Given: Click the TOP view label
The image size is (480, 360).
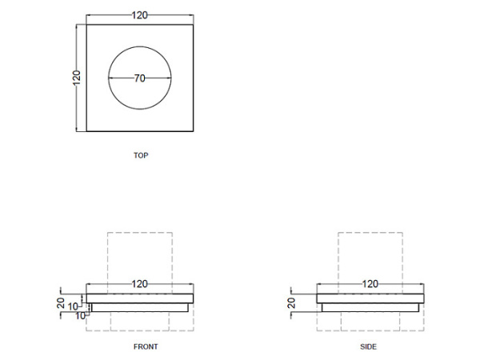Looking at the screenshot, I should pos(141,155).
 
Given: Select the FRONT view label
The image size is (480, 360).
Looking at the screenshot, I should pos(146,346).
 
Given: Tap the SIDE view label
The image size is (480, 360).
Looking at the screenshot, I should pos(368,346).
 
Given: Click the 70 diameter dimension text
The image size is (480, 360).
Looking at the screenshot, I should pos(140,78).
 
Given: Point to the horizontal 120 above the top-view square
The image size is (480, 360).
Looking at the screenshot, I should pos(140,14).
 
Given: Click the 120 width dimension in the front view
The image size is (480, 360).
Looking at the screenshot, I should pos(140,284).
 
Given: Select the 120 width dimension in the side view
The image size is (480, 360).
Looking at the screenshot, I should pos(370,284).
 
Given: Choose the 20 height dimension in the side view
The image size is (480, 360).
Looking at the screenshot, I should pos(291,302).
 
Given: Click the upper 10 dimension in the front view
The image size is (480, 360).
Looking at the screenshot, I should pos(73,306).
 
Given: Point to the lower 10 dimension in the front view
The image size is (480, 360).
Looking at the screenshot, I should pos(80,314).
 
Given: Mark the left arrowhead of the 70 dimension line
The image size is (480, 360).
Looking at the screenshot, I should pos(110,78).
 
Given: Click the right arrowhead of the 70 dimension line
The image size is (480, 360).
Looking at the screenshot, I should pos(170,78).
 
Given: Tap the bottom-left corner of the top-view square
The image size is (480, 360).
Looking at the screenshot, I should pos(86,132).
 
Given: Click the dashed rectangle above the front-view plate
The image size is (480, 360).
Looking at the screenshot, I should pos(140,256).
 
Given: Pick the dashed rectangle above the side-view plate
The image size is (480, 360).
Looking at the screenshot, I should pos(370,256).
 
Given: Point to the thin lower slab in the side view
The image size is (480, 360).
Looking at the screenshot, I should pos(370,306).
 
